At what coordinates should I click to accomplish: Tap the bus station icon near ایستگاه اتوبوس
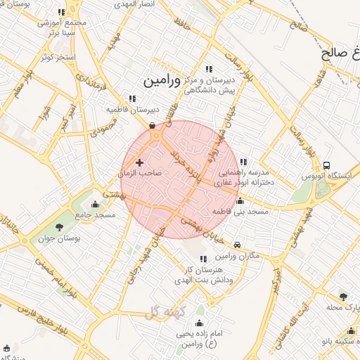pyautogui.click(x=326, y=165)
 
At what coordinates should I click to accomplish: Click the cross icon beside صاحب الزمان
pyautogui.click(x=139, y=162)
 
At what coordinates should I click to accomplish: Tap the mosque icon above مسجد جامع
pyautogui.click(x=96, y=205)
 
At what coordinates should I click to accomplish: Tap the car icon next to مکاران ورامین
pyautogui.click(x=238, y=245)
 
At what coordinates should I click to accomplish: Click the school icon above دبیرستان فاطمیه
pyautogui.click(x=131, y=99)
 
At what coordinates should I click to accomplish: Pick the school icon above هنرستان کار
pyautogui.click(x=203, y=259)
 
